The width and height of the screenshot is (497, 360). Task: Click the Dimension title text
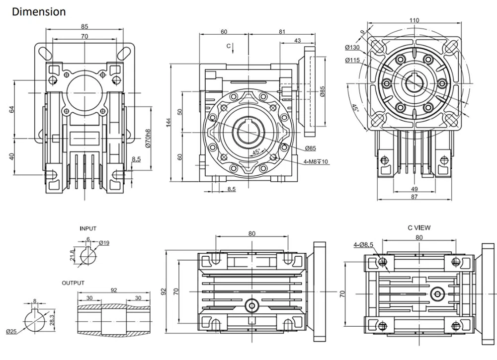tap(39, 12)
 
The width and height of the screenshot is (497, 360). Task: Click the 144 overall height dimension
tap(168, 123)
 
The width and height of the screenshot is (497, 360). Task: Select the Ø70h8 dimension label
tap(148, 139)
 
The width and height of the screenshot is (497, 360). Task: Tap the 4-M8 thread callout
tap(316, 162)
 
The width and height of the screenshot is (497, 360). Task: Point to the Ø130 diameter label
tap(352, 47)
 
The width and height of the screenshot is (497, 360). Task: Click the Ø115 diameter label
tap(352, 60)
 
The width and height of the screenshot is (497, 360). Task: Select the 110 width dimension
tap(414, 20)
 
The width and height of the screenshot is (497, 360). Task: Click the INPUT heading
tap(88, 228)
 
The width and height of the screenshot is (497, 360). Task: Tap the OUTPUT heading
tap(73, 283)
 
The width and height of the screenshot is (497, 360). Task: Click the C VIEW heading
tap(419, 227)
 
